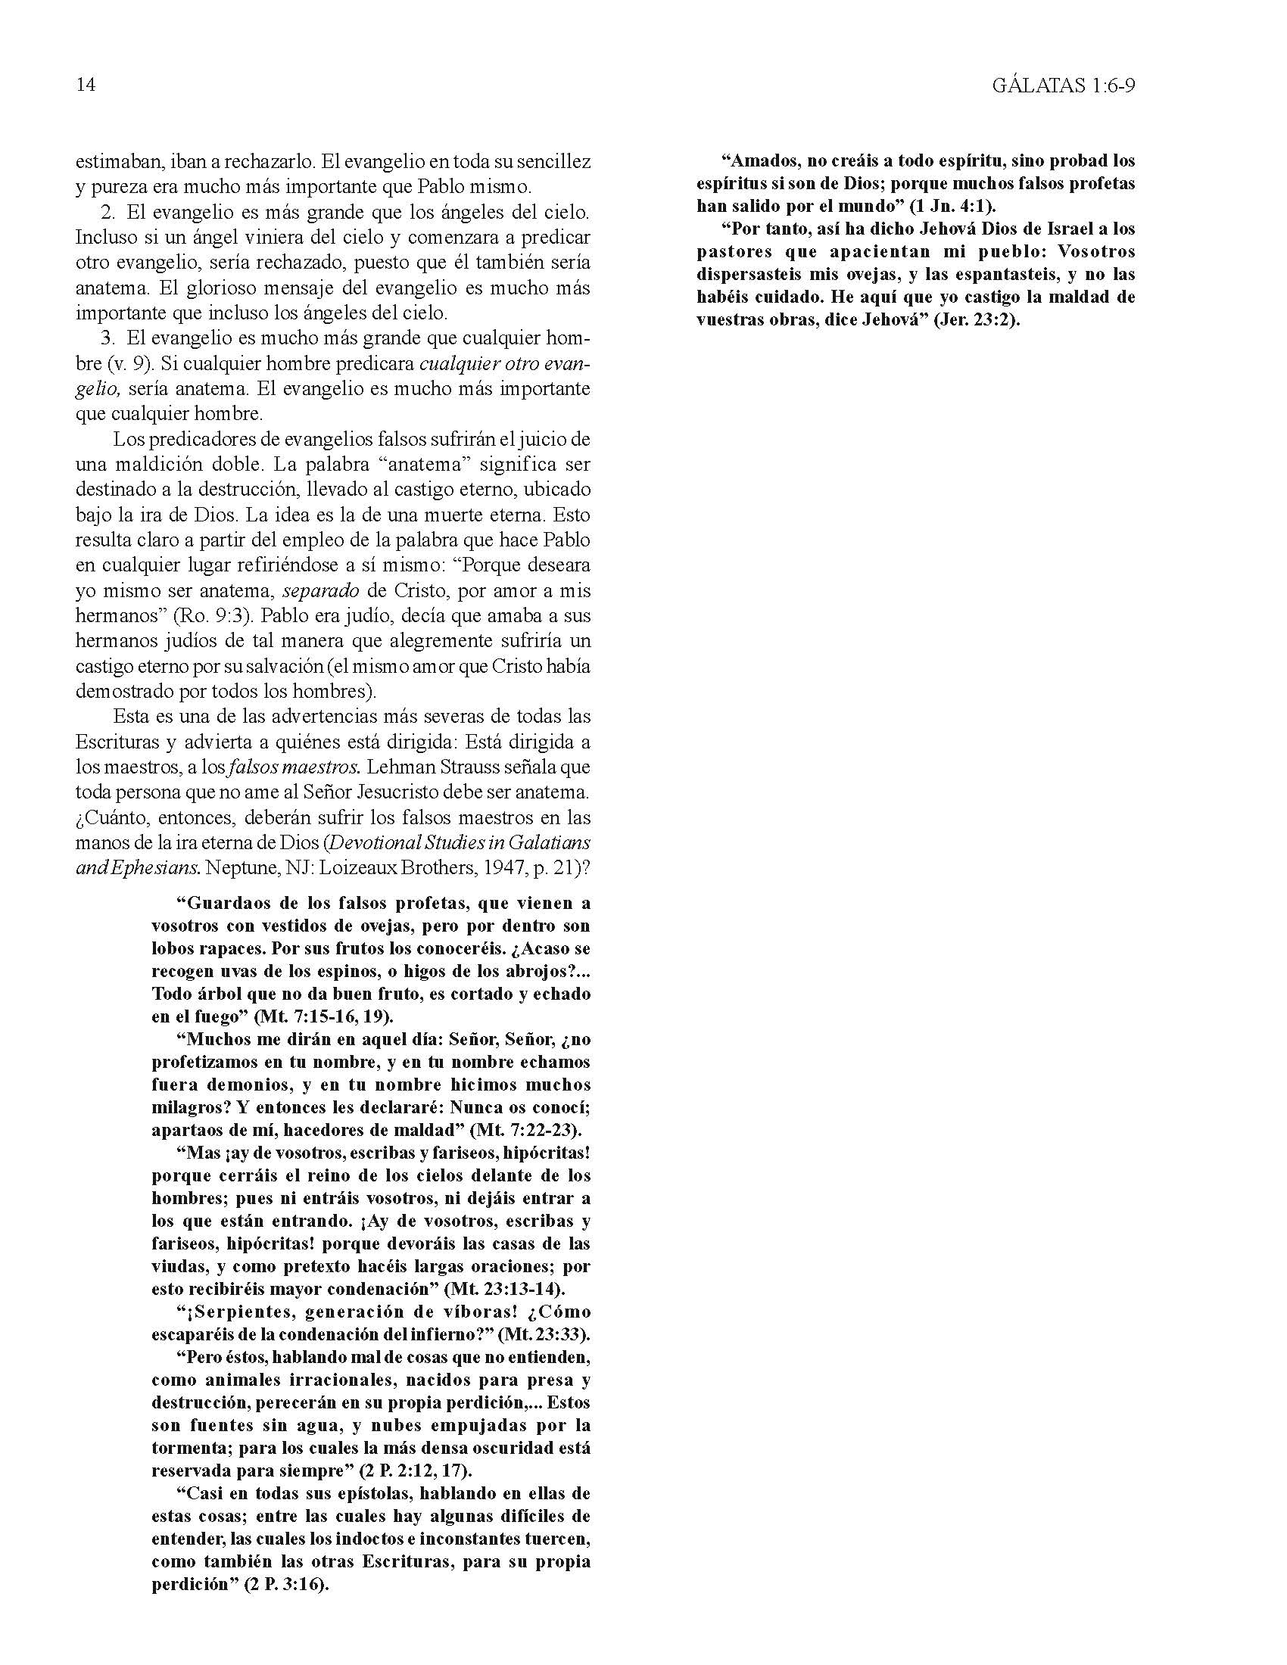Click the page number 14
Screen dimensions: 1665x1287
click(x=86, y=85)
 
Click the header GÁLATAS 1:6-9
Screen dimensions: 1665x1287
click(x=1064, y=86)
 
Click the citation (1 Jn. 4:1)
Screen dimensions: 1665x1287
click(x=953, y=206)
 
